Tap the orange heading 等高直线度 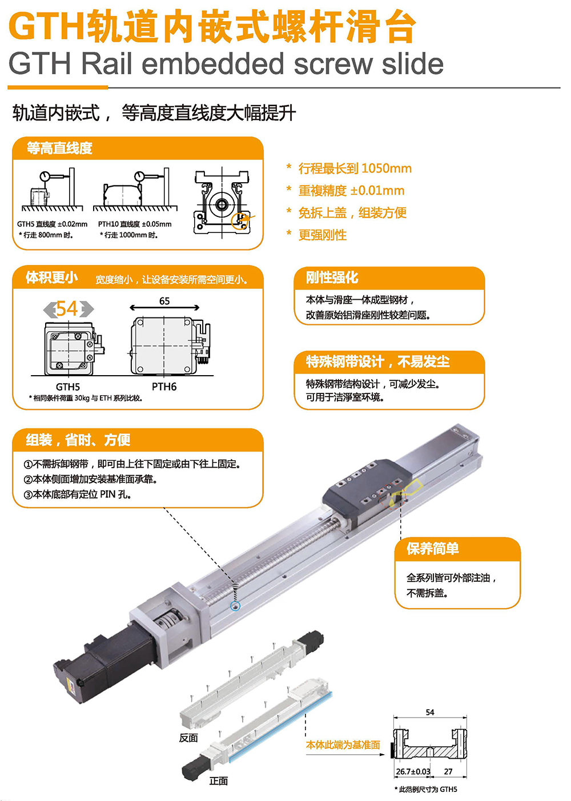point(60,148)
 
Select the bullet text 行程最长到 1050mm point(355,168)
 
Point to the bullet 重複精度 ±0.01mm point(352,191)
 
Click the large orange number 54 point(67,309)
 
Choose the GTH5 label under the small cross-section point(68,387)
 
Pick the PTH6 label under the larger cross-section point(164,387)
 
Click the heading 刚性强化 point(332,277)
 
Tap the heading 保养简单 point(433,549)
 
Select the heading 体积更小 point(51,277)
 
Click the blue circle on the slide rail point(235,606)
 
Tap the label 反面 point(188,738)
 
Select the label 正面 point(219,781)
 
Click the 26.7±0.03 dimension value point(413,772)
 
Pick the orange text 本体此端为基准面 point(343,745)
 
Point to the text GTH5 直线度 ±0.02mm point(52,224)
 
